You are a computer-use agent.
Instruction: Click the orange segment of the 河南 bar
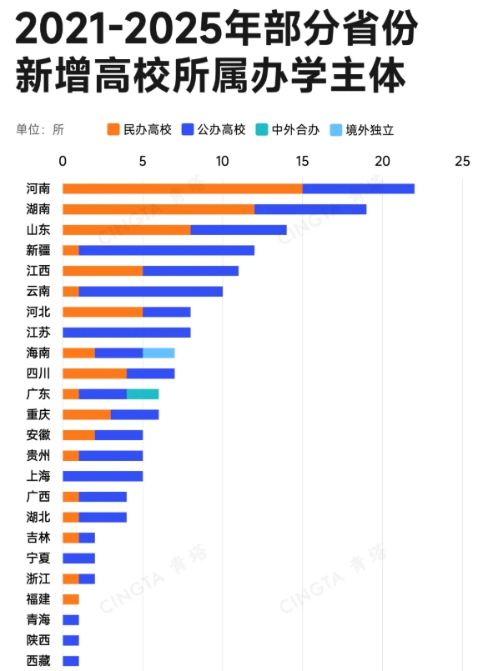(x=182, y=188)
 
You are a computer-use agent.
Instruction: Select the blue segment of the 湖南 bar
(x=310, y=209)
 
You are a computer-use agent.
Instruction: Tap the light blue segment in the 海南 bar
(x=158, y=353)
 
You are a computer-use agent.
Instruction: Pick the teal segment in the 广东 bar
(x=143, y=393)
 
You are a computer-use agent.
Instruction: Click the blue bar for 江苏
(x=127, y=332)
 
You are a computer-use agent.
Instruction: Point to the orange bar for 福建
(x=71, y=599)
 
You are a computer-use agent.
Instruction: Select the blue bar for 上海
(x=103, y=476)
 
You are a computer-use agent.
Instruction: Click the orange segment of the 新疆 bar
(x=71, y=250)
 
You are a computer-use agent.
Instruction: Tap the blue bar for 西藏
(x=71, y=661)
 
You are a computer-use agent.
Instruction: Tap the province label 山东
(x=38, y=230)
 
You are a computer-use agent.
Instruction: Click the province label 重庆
(x=38, y=414)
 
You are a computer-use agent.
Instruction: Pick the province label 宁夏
(x=38, y=558)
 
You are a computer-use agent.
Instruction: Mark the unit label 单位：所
(x=40, y=129)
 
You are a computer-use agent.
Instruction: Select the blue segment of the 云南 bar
(x=151, y=291)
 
